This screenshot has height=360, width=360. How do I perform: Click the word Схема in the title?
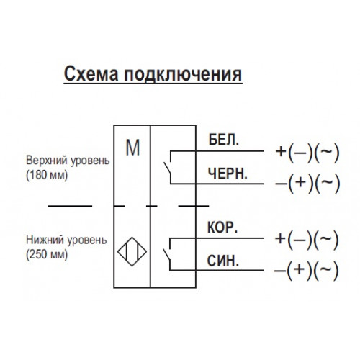coord(91,74)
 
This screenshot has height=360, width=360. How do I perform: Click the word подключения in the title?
coord(183,74)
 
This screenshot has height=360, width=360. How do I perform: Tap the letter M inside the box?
coord(132,148)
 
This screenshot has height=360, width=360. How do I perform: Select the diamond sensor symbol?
coord(132,251)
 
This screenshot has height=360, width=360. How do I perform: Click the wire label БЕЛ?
coord(224,140)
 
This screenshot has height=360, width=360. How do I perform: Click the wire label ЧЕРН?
coord(228,174)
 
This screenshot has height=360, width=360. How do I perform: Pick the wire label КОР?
coord(222,227)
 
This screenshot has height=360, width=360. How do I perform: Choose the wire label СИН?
coord(223,261)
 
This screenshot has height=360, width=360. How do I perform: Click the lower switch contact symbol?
coord(168,255)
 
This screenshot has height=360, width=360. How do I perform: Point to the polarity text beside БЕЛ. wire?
coord(307,152)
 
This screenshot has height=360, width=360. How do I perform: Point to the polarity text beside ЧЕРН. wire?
coord(307,183)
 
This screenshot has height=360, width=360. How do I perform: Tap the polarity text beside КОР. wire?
coord(307,239)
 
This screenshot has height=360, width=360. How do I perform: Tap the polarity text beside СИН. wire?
coord(306,270)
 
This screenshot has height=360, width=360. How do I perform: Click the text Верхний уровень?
coord(68,161)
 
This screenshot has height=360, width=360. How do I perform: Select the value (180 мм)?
coord(47,175)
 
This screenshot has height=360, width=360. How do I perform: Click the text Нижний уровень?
coord(66,240)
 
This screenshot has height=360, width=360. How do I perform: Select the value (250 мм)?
coord(47,254)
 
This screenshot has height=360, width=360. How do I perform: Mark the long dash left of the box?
coord(70,206)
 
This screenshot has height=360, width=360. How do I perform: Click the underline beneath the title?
coord(153,84)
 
